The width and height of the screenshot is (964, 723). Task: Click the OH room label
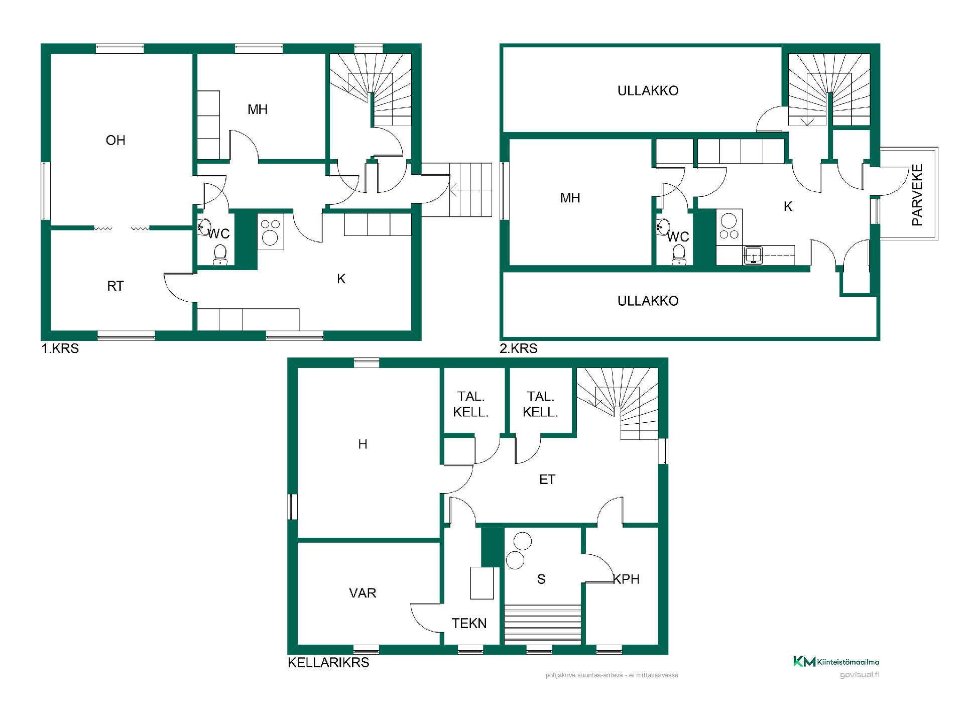pyautogui.click(x=115, y=140)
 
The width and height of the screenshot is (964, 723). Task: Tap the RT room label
pyautogui.click(x=115, y=286)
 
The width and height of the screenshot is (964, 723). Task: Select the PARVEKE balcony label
pyautogui.click(x=917, y=195)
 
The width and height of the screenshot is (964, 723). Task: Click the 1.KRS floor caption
pyautogui.click(x=60, y=348)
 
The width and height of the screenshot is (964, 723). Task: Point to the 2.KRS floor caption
pyautogui.click(x=519, y=348)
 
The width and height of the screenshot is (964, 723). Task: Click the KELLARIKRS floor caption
pyautogui.click(x=328, y=663)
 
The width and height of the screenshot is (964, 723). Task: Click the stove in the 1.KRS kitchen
pyautogui.click(x=271, y=231)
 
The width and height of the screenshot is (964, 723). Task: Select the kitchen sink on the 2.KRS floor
pyautogui.click(x=753, y=256)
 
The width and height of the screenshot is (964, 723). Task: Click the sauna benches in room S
pyautogui.click(x=543, y=624)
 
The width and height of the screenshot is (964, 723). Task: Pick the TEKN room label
pyautogui.click(x=469, y=624)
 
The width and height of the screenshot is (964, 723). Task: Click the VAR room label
pyautogui.click(x=363, y=593)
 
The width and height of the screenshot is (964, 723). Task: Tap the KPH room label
pyautogui.click(x=627, y=579)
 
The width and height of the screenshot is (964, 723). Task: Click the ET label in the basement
pyautogui.click(x=547, y=479)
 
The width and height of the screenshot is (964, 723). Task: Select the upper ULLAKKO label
pyautogui.click(x=648, y=91)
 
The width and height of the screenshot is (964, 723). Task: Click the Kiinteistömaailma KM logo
pyautogui.click(x=836, y=662)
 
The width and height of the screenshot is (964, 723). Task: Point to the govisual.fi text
pyautogui.click(x=860, y=675)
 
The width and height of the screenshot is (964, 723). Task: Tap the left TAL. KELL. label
pyautogui.click(x=471, y=405)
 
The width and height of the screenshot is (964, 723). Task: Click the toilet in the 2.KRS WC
pyautogui.click(x=679, y=255)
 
